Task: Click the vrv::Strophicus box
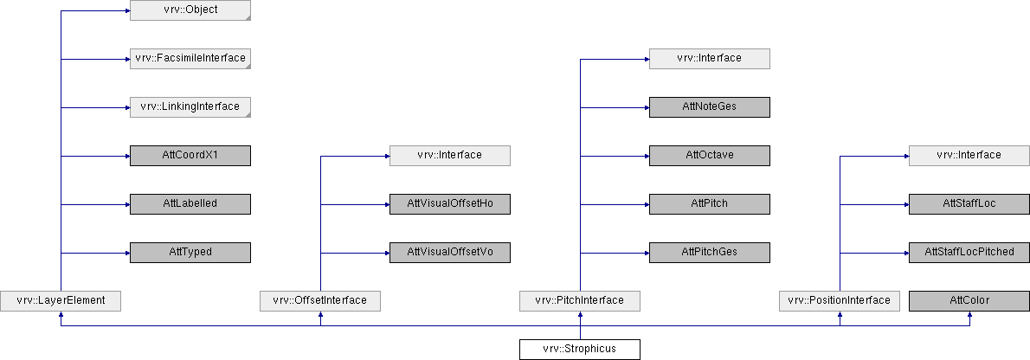click(579, 349)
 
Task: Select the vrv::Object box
click(190, 10)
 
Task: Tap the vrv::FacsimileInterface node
click(190, 59)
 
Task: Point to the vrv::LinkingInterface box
click(190, 107)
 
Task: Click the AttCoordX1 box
click(190, 156)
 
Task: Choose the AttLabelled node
click(190, 203)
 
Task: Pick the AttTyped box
click(190, 253)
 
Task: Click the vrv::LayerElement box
click(61, 300)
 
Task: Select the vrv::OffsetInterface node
click(320, 300)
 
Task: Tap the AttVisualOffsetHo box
click(450, 203)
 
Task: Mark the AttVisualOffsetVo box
click(450, 253)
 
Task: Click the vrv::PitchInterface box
click(579, 300)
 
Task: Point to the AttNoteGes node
click(710, 107)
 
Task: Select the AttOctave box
click(710, 156)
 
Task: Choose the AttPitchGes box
click(710, 253)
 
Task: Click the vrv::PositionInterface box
click(839, 300)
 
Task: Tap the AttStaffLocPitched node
click(969, 253)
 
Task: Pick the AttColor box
click(969, 300)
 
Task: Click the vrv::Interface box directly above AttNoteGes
click(710, 59)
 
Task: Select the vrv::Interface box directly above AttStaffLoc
click(969, 156)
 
